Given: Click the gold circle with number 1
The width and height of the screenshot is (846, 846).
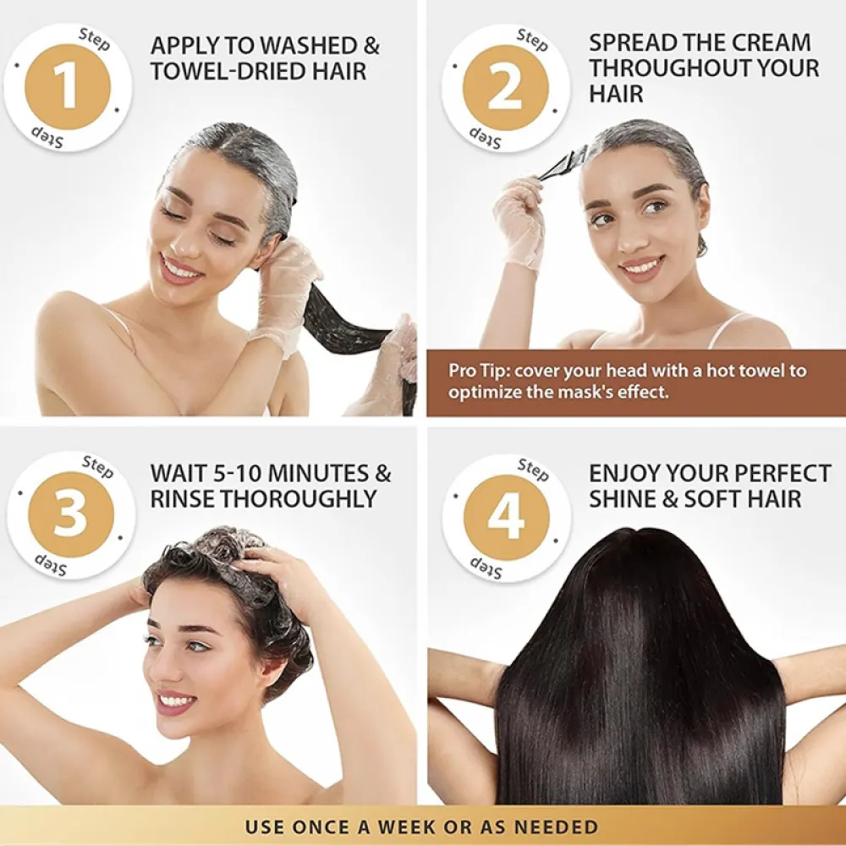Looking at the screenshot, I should (68, 86).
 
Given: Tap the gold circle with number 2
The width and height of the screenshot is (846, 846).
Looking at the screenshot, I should (505, 88).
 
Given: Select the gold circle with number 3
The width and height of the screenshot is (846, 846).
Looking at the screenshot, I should (70, 514).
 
